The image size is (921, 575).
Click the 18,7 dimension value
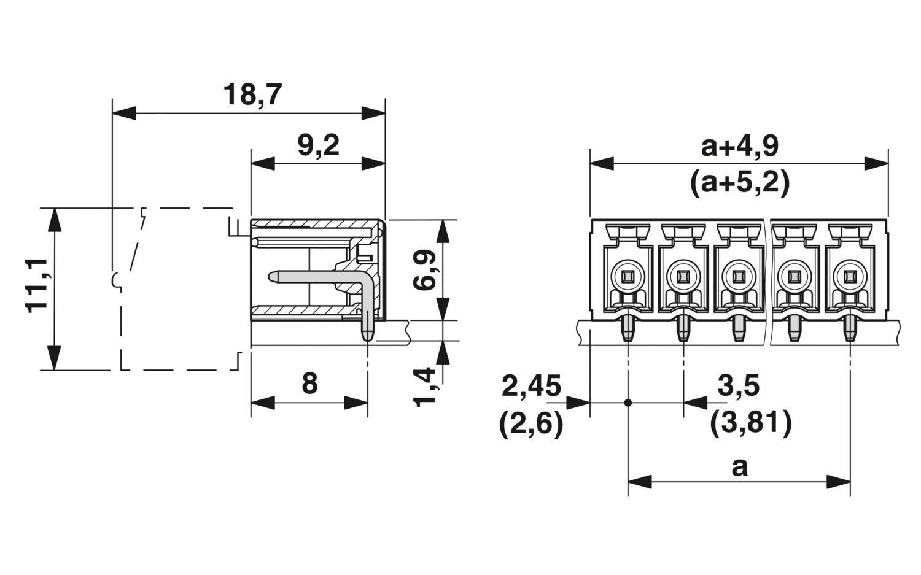click(252, 95)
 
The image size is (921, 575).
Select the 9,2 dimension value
click(318, 145)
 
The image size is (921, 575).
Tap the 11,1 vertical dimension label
click(37, 285)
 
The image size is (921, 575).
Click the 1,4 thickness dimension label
click(425, 387)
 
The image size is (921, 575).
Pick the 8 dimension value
click(309, 383)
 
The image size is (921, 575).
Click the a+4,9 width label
click(740, 147)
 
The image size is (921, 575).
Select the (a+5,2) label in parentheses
click(740, 182)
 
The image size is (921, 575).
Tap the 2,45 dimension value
click(531, 386)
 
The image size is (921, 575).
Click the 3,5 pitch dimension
click(739, 386)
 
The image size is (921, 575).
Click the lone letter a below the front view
click(739, 468)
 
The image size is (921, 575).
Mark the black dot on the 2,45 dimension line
click(628, 403)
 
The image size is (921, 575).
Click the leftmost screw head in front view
click(628, 277)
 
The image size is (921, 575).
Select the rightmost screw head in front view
click(850, 277)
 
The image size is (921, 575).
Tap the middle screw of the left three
click(683, 277)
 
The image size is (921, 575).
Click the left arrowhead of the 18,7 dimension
click(124, 113)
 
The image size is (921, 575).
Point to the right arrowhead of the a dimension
click(839, 482)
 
